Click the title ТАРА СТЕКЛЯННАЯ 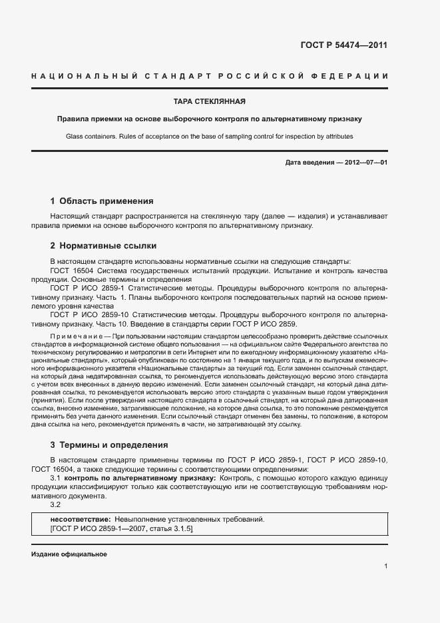point(210,102)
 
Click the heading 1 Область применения point(102,201)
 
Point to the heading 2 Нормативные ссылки point(103,245)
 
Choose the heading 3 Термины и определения point(109,444)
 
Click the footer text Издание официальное point(69,554)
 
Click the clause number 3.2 point(56,504)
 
